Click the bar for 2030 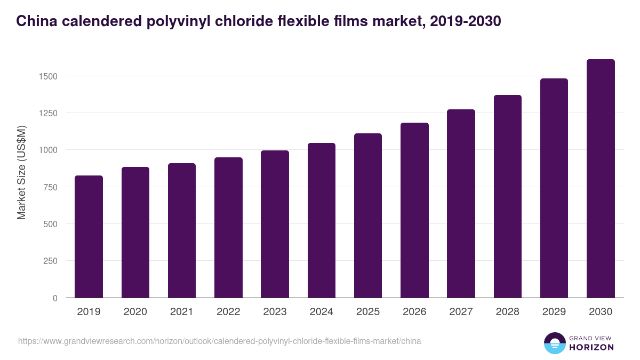coord(601,179)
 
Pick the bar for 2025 coord(368,215)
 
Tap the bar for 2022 coord(228,228)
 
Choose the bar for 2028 coord(507,196)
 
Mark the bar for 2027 coord(461,204)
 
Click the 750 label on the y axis coord(51,187)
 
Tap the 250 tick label coord(51,261)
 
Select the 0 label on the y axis coord(55,298)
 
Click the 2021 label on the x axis coord(182,312)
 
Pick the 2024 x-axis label coord(321,312)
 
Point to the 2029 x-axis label coord(554,312)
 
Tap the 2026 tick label coord(414,312)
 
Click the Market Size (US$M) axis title coord(21,172)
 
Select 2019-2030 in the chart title coord(465,21)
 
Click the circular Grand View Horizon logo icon coord(555,343)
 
